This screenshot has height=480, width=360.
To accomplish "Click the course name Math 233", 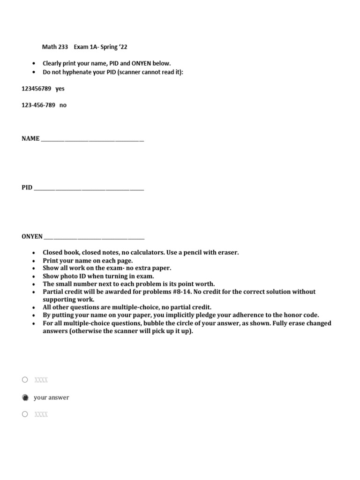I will [x=55, y=47].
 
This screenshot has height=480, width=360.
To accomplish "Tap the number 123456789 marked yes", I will [x=36, y=89].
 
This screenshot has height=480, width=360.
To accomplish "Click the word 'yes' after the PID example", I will [x=60, y=89].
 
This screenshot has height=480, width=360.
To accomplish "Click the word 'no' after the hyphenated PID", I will [x=63, y=105].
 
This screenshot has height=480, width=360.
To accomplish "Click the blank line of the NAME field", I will [x=92, y=140].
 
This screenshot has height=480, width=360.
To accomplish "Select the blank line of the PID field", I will [x=89, y=188].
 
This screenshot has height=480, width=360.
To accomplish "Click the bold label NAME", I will [x=30, y=139].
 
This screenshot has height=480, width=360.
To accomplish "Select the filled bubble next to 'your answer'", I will [x=25, y=397].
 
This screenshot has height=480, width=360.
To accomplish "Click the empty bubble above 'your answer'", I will [x=25, y=380].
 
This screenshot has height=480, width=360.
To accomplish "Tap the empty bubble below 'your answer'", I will [x=25, y=414].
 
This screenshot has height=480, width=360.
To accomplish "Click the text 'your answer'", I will [x=51, y=397].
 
